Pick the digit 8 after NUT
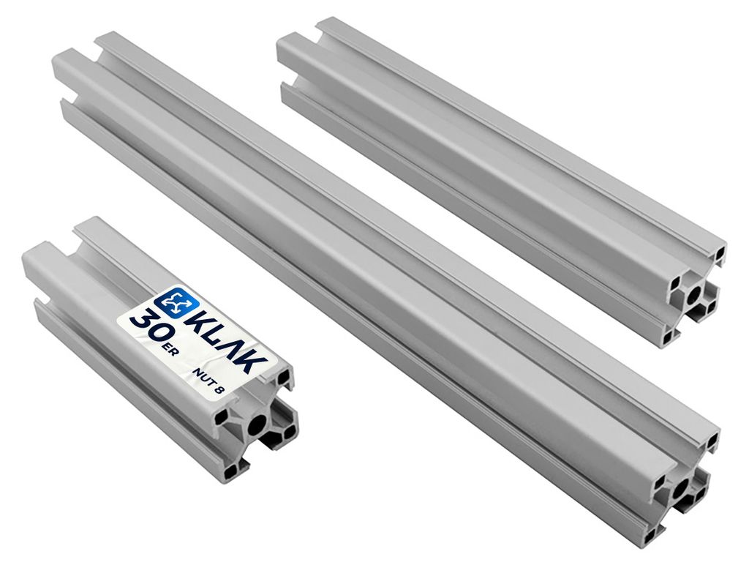(x=219, y=390)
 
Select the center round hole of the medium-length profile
(x=694, y=296)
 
